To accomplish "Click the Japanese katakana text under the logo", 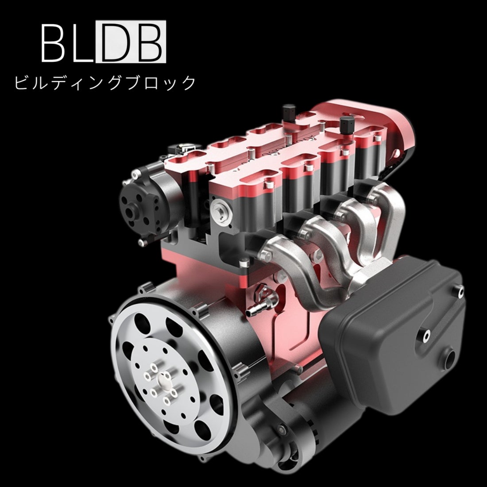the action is click(x=104, y=83).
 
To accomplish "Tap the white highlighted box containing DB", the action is click(x=131, y=42).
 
